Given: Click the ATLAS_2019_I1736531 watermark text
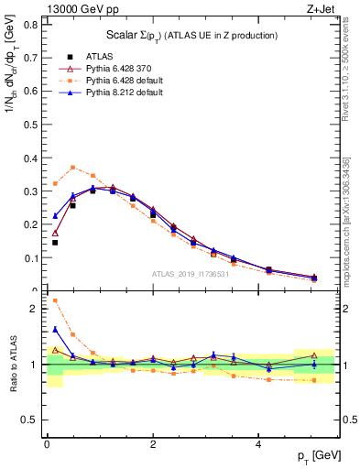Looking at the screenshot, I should pyautogui.click(x=191, y=274).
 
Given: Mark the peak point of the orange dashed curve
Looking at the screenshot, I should pyautogui.click(x=73, y=168).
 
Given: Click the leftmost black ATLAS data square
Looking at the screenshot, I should pyautogui.click(x=55, y=243).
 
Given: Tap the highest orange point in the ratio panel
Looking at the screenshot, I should pyautogui.click(x=55, y=300).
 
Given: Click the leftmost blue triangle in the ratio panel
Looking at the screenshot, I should pyautogui.click(x=55, y=330).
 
